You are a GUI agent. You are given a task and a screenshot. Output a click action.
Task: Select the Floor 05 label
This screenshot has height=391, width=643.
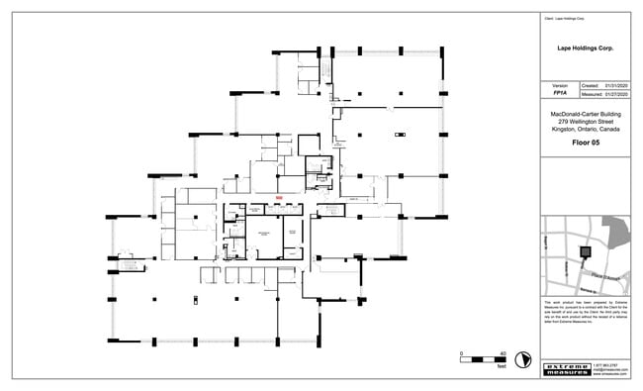click(x=587, y=143)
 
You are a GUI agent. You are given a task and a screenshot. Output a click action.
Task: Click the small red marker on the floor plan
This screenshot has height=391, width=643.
click(x=280, y=198)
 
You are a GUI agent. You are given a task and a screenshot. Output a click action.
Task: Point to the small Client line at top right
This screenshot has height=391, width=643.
click(x=565, y=19)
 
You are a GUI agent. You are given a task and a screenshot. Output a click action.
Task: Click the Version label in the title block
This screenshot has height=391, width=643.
click(x=559, y=86)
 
